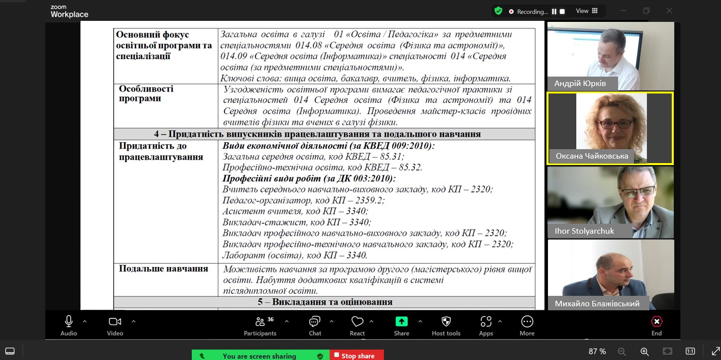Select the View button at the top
[x=586, y=11]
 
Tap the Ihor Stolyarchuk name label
[x=584, y=231]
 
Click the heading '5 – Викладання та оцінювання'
[x=325, y=302]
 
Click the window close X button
[x=669, y=11]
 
